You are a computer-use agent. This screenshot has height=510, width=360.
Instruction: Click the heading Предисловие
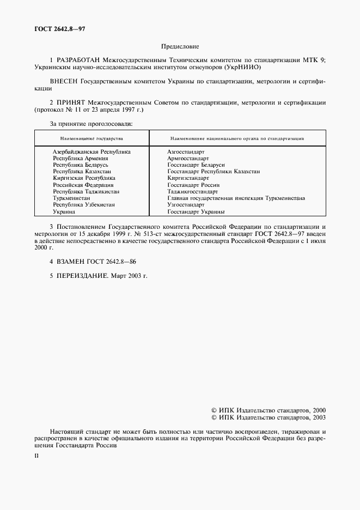click(180, 47)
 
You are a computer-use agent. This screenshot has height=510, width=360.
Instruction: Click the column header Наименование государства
click(91, 139)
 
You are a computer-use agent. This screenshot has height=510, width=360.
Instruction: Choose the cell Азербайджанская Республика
click(91, 151)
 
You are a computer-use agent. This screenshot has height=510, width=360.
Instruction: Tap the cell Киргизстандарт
click(188, 178)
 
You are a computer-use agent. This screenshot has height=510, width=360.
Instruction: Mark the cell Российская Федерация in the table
click(83, 185)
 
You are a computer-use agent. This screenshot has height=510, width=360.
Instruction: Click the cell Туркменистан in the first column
click(71, 198)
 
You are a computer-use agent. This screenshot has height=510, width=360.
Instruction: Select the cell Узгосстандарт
click(186, 205)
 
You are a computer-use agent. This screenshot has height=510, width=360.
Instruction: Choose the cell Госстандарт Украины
click(196, 212)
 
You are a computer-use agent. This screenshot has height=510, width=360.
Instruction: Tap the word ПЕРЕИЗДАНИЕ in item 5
click(83, 276)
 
